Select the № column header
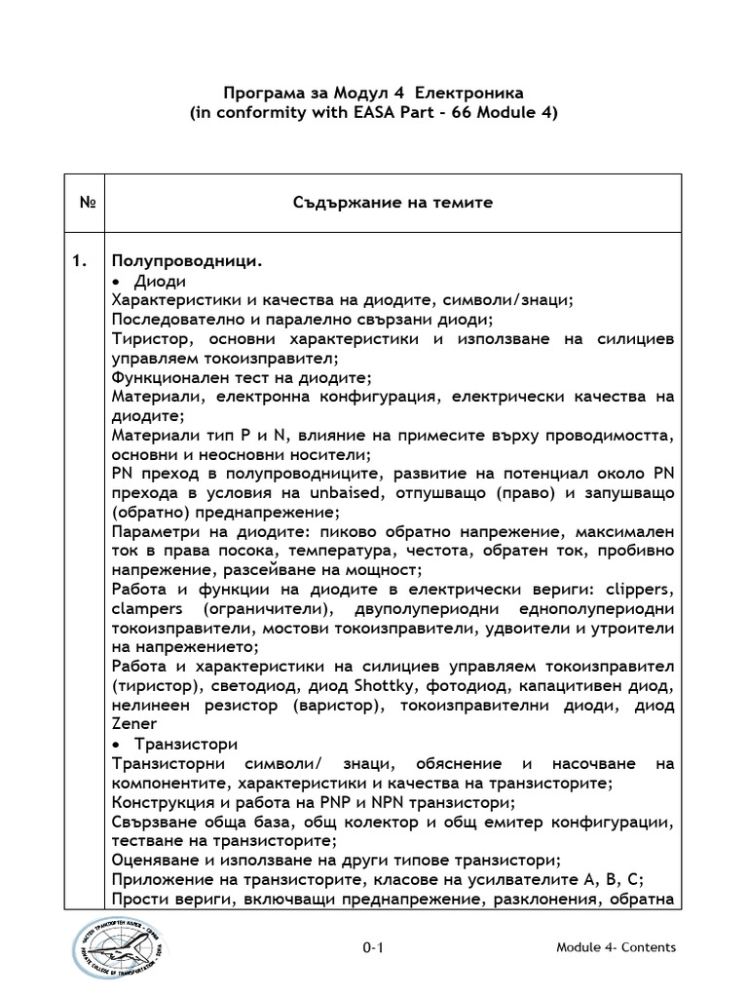(85, 203)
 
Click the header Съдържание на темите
(393, 203)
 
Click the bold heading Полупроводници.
(185, 261)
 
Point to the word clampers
(147, 610)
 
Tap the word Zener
(133, 726)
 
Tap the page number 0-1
(374, 947)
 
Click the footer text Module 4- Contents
(616, 947)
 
